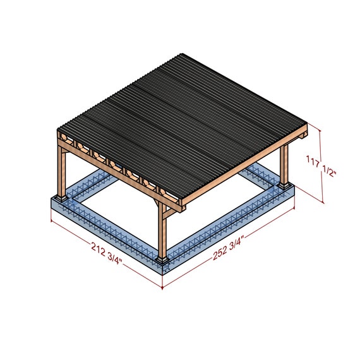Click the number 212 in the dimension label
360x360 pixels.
coord(98,249)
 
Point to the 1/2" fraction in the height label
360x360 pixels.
coord(329,171)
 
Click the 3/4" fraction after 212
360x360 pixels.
coord(114,258)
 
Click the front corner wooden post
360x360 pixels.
coord(162,231)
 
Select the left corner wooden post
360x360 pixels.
coord(61,172)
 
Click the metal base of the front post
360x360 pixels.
coord(162,260)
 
